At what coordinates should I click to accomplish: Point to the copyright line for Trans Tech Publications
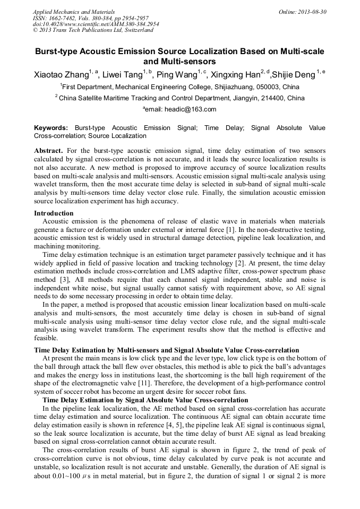coord(93,30)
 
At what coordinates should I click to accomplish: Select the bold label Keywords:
coord(51,128)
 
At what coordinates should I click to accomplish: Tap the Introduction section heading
coord(54,213)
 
